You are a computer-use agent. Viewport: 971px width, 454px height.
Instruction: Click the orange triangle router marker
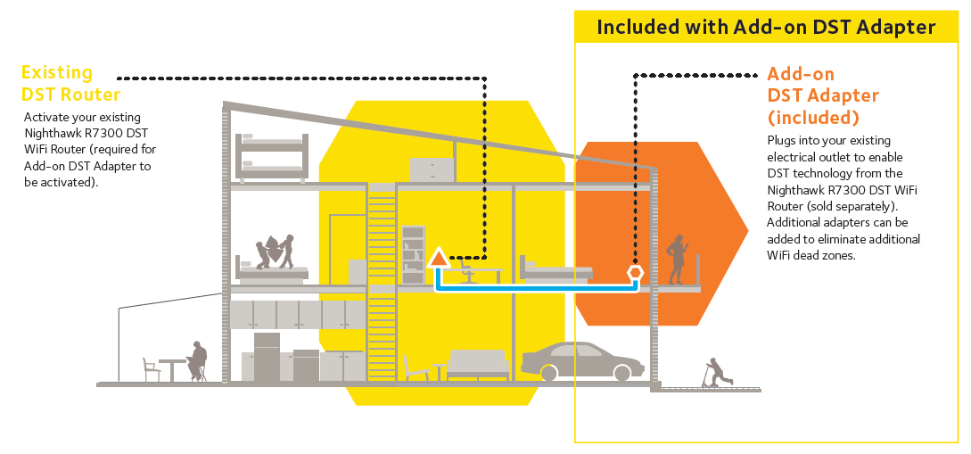pyautogui.click(x=438, y=259)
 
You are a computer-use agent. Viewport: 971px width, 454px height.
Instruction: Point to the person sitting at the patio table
pyautogui.click(x=197, y=361)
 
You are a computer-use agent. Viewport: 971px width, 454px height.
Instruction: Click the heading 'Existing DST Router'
pyautogui.click(x=70, y=83)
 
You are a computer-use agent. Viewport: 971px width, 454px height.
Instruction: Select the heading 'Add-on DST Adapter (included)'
pyautogui.click(x=822, y=95)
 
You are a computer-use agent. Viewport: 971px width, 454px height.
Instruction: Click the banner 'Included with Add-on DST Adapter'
pyautogui.click(x=766, y=28)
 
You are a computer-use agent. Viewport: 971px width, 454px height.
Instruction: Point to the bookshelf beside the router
pyautogui.click(x=413, y=254)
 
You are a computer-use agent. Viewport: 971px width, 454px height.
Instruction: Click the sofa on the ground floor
pyautogui.click(x=476, y=364)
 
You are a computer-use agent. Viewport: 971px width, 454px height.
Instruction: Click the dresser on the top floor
pyautogui.click(x=432, y=169)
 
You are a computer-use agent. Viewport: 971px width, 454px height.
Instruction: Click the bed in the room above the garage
pyautogui.click(x=556, y=268)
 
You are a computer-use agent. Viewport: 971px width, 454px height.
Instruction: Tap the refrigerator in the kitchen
pyautogui.click(x=267, y=357)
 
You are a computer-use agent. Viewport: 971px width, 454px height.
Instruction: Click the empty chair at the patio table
pyautogui.click(x=151, y=367)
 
